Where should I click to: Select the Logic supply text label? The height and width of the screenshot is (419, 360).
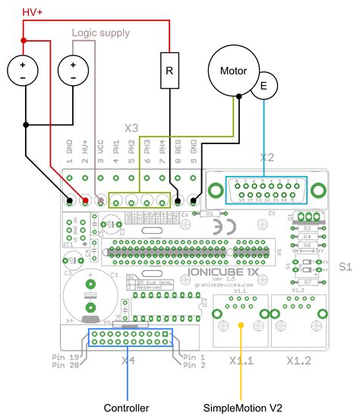pyautogui.click(x=101, y=33)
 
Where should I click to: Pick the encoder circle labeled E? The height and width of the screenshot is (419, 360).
pyautogui.click(x=265, y=87)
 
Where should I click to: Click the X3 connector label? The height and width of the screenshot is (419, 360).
pyautogui.click(x=131, y=128)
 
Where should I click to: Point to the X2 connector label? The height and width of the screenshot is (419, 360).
pyautogui.click(x=265, y=158)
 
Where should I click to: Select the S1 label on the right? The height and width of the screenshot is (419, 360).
pyautogui.click(x=346, y=266)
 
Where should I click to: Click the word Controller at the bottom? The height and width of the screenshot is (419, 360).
pyautogui.click(x=127, y=408)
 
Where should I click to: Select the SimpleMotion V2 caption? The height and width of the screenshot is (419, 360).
pyautogui.click(x=242, y=408)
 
